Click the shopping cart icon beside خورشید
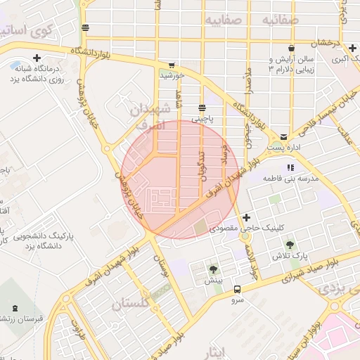coord(172,65)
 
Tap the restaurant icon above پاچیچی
coord(202,108)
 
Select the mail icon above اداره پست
coord(283,136)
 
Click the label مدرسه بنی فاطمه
coord(291,179)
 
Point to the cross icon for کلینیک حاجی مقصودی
coord(245,217)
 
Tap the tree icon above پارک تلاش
coord(290,244)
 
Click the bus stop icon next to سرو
coord(237,289)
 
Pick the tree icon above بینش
coord(213,269)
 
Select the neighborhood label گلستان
coord(131,304)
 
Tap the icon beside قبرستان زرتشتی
coord(15,307)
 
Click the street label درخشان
coord(327,44)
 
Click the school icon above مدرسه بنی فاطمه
coord(290,168)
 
